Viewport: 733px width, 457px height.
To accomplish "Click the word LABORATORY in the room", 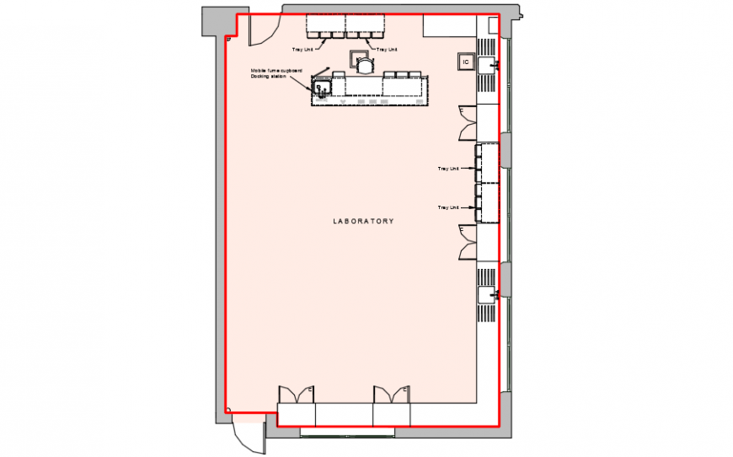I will coord(363,221).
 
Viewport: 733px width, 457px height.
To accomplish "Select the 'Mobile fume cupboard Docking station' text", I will coord(276,73).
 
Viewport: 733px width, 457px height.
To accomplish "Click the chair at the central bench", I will coord(364,63).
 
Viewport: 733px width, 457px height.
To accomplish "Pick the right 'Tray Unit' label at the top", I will coord(387,49).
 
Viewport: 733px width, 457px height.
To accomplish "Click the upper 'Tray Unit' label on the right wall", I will coord(447,169).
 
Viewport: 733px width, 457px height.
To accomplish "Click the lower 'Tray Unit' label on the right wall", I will coord(447,207).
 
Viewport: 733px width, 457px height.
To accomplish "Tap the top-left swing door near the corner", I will coord(259,31).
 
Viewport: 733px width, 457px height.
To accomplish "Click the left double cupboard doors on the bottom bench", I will coord(296,395).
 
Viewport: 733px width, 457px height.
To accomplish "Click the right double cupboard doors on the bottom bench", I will coord(392,395).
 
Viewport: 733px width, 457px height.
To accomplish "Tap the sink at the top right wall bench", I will coord(487,64).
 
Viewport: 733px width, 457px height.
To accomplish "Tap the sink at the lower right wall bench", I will coord(487,293).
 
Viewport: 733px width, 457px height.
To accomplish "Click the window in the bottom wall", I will coord(346,432).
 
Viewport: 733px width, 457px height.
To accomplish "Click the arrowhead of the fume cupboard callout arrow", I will coord(314,85).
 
